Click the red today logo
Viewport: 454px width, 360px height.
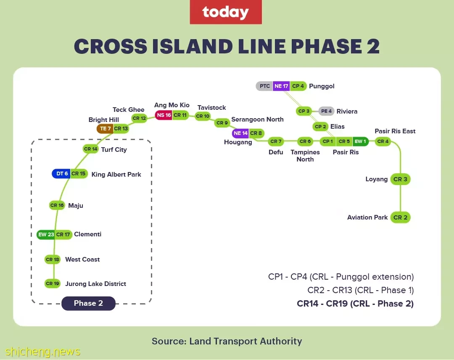tap(226, 12)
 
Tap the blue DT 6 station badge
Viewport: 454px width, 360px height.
tap(61, 174)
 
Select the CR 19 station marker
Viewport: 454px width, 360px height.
tap(53, 283)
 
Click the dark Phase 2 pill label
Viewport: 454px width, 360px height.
tap(88, 303)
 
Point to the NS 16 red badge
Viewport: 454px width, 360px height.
tap(164, 115)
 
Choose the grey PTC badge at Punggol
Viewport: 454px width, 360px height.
tap(264, 86)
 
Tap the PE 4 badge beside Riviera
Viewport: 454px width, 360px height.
tap(326, 111)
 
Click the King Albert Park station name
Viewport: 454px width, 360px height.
tap(116, 175)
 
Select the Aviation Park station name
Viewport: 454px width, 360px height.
tap(367, 217)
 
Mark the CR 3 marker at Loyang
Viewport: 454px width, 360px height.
tap(401, 179)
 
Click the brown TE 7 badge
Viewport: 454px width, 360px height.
tap(105, 129)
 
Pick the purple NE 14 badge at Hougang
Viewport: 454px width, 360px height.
tap(240, 133)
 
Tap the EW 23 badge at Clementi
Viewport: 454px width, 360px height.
tap(46, 234)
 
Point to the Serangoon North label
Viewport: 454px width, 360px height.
tap(257, 119)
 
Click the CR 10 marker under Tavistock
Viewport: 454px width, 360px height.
tap(203, 116)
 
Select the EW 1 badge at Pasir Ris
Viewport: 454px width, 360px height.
tap(361, 141)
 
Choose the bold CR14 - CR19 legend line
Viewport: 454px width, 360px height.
tap(355, 304)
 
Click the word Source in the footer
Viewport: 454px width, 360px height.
tap(169, 341)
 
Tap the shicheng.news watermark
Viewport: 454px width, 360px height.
tap(42, 352)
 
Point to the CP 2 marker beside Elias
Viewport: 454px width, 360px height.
tap(320, 127)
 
